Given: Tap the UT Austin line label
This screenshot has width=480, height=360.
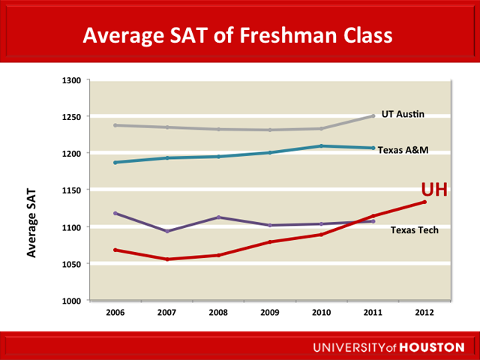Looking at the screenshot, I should [x=403, y=114].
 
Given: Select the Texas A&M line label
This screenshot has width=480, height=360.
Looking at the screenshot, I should [x=403, y=150].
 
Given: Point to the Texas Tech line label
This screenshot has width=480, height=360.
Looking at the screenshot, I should [x=415, y=230].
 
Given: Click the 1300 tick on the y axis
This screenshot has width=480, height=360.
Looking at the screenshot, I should [x=72, y=79].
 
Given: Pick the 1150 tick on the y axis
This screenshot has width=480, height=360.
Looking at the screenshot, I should [x=72, y=190].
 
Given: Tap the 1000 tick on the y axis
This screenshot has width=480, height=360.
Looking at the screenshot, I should [x=72, y=301].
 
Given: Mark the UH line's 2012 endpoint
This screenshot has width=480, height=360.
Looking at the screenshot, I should [x=424, y=202].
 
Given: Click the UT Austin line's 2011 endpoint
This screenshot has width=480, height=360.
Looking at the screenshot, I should [x=373, y=116].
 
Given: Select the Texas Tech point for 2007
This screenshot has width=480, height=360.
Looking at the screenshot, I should [x=166, y=232].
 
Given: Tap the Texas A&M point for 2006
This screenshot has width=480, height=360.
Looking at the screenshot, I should [x=115, y=163].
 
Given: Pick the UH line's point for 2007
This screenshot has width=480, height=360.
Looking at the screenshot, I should [x=166, y=259].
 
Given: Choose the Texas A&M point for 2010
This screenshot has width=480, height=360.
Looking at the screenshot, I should [x=322, y=145].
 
